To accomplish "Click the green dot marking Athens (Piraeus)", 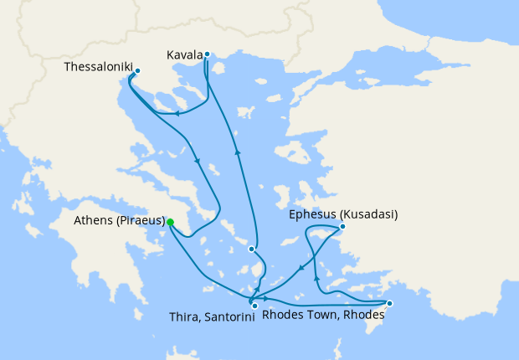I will click(170, 222).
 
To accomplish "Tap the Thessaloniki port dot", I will click(137, 71).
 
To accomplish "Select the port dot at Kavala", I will click(206, 54).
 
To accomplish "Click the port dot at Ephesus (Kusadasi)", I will click(342, 226).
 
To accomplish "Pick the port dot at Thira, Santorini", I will click(254, 306).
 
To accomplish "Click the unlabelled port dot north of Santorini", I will click(250, 249).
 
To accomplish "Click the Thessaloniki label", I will click(98, 65).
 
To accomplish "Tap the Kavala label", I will click(184, 55).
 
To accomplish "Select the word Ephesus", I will click(311, 214).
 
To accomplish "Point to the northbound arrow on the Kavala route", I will click(238, 152).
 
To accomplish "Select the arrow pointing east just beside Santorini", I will click(266, 298).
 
